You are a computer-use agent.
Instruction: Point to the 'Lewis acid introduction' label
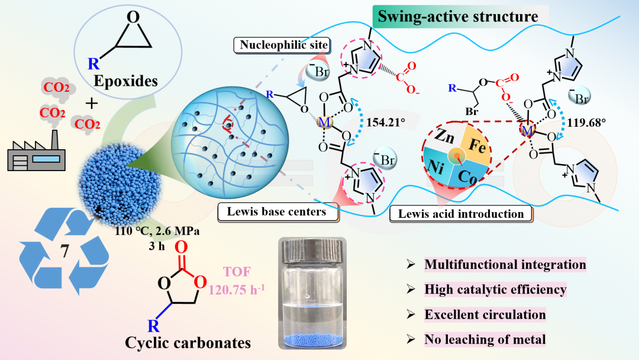tap(457, 214)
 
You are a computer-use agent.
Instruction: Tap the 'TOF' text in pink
tap(224, 274)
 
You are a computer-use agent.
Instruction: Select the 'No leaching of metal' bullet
tap(485, 339)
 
